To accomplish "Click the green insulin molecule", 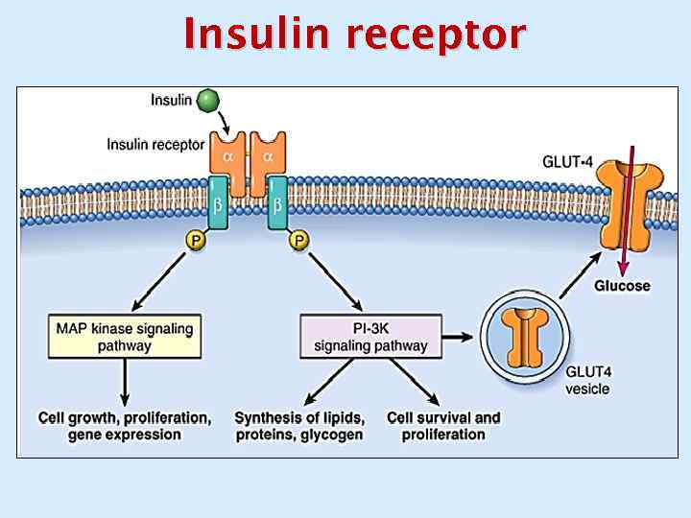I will point(205,100).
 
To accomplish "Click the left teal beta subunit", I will point(219,204).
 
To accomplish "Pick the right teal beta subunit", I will point(277,204).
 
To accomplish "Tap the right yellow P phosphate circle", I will point(299,242).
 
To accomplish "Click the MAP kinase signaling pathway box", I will point(125,337).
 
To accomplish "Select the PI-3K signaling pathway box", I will point(364,337).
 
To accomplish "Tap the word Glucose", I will point(622,285).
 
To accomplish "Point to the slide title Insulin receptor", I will point(354,35).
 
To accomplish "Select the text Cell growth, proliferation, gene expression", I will point(124,426).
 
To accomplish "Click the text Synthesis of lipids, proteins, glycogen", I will point(299,426).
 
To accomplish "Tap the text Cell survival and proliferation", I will point(443,426).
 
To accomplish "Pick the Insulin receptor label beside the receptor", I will point(155,145).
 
